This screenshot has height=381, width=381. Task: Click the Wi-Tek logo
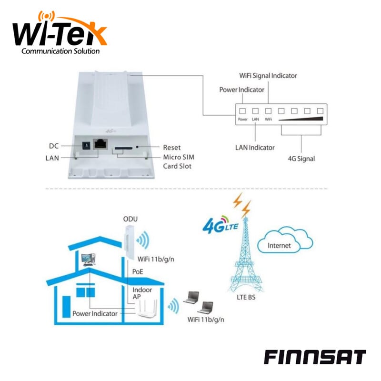pos(60,32)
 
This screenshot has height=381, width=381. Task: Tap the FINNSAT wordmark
pos(315,357)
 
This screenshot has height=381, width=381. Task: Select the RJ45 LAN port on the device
pos(100,144)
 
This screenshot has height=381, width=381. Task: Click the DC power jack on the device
pos(86,146)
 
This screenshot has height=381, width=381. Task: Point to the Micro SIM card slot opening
pos(123,148)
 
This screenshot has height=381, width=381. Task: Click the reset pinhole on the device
pos(137,147)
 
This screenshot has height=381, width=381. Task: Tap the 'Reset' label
pos(172,148)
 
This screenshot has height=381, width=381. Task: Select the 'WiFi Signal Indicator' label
pos(268,76)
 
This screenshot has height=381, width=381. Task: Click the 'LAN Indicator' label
pos(255,148)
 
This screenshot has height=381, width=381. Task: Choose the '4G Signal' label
pos(301,159)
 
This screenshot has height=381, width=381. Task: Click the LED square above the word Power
pos(242,111)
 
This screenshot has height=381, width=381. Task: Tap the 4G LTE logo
pos(221,225)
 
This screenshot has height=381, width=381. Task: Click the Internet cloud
pos(285,240)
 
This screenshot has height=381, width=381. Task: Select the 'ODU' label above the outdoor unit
pos(130,219)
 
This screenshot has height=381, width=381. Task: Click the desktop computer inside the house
pos(89,260)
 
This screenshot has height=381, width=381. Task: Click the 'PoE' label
pos(138,271)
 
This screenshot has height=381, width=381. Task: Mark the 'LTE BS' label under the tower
pos(246,297)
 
